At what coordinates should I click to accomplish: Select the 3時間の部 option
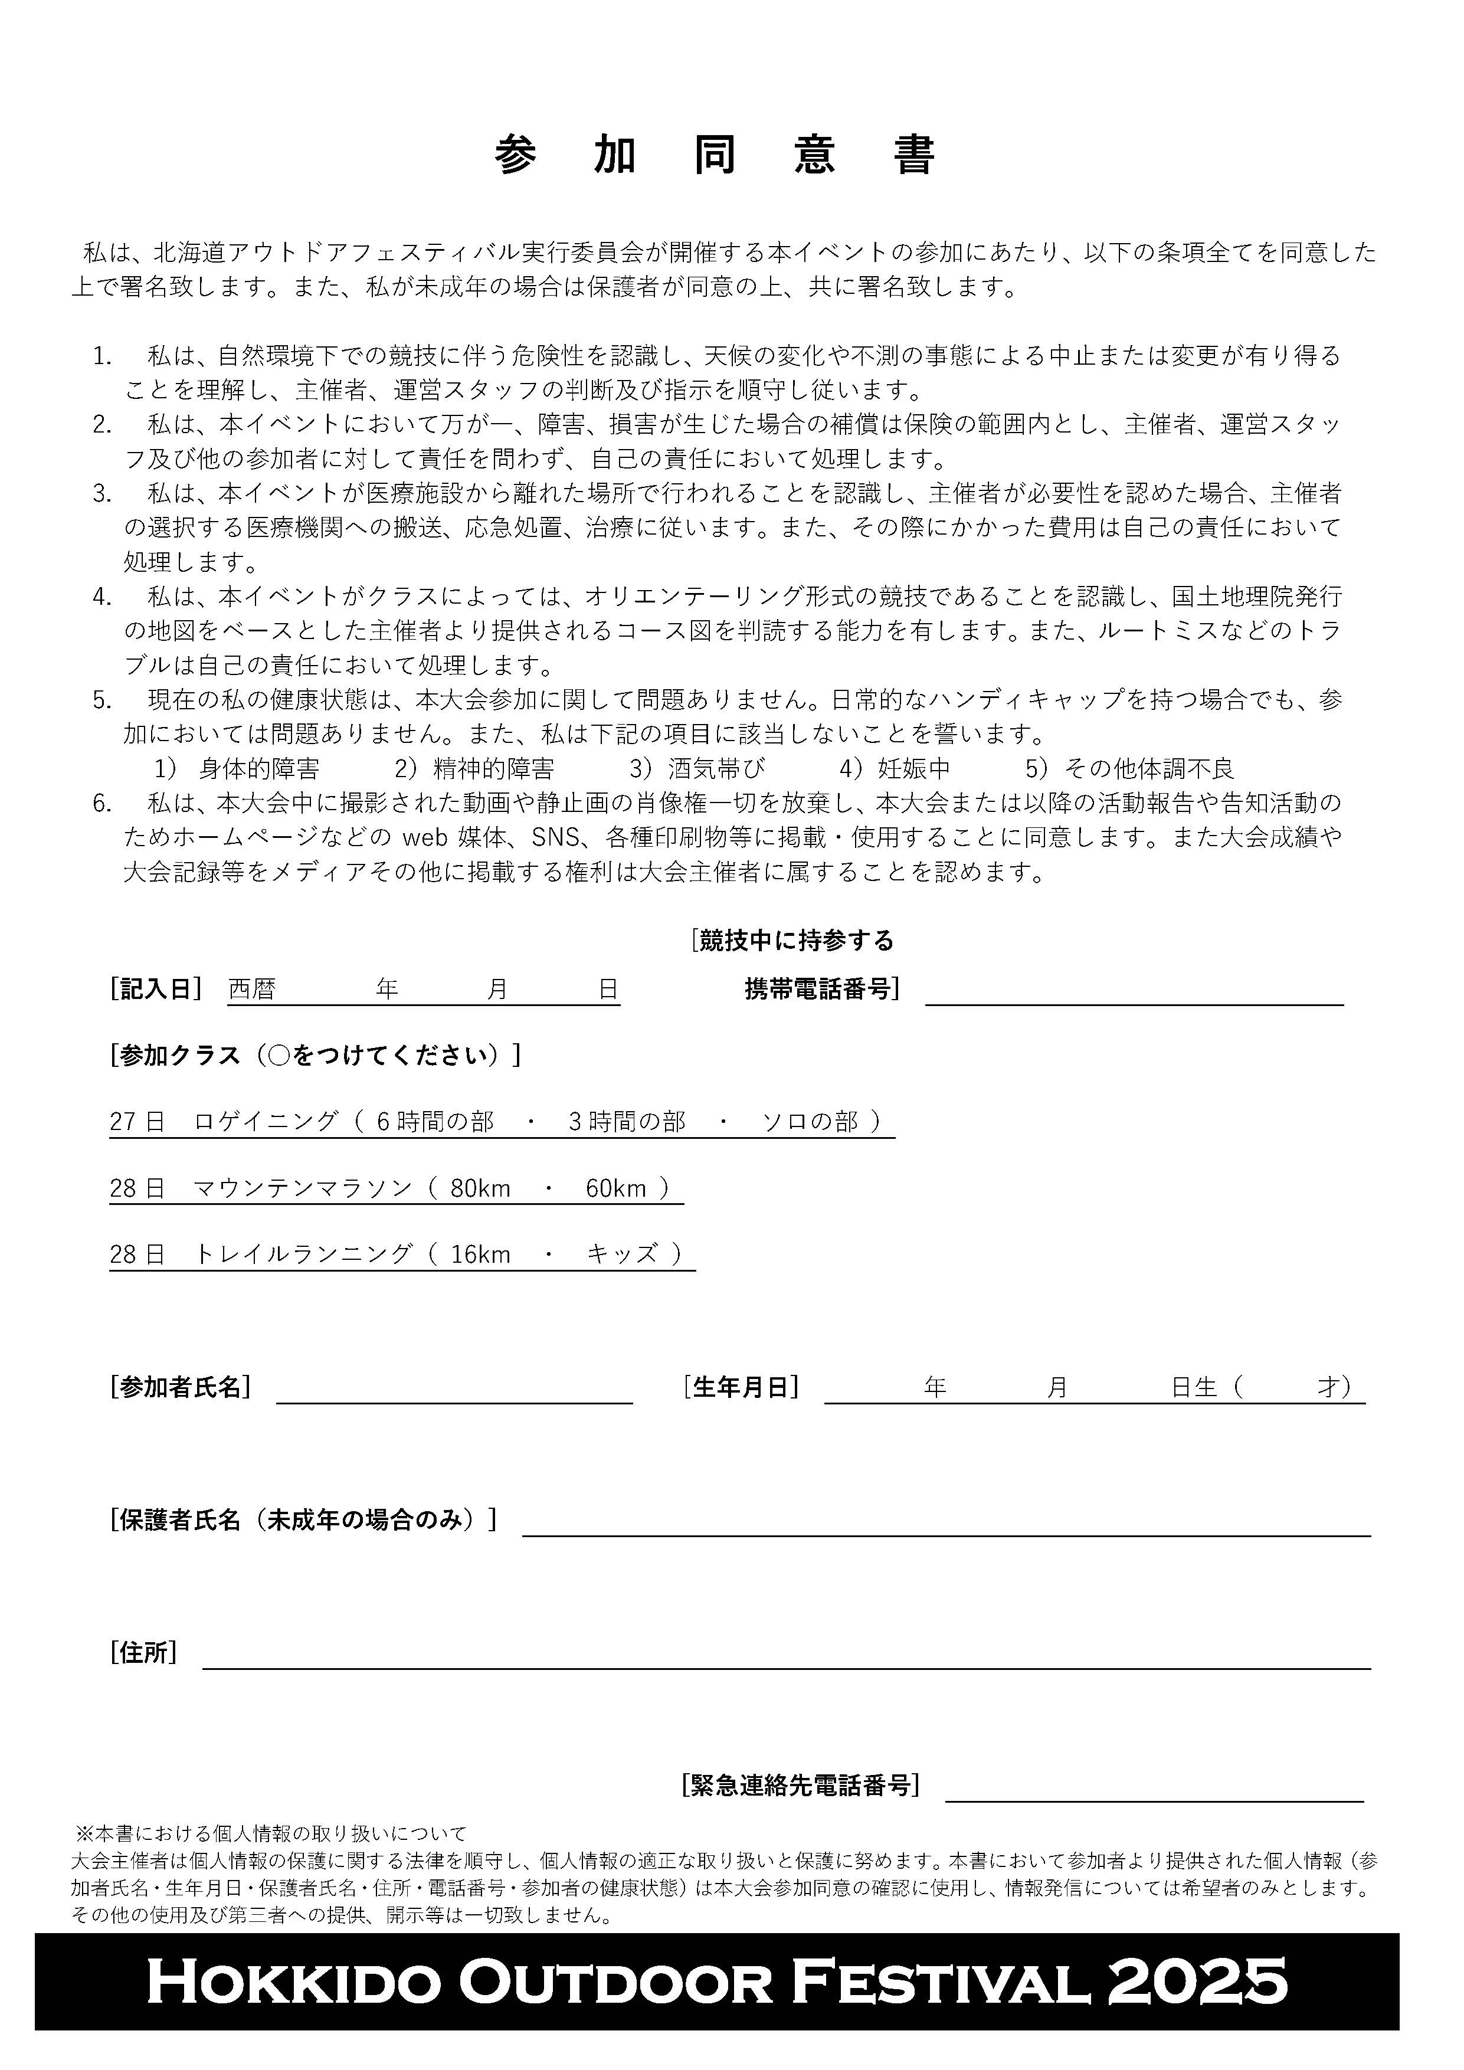627,1122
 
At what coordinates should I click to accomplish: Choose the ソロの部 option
810,1122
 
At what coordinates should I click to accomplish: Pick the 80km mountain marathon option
480,1188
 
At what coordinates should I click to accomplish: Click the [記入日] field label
155,989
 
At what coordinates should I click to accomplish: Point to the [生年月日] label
741,1387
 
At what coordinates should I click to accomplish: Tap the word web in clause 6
424,837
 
